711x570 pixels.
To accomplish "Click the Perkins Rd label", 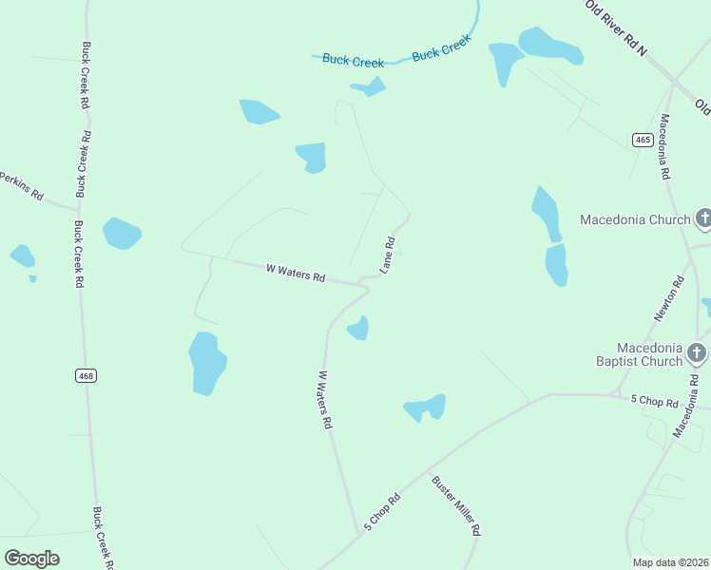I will click(21, 186).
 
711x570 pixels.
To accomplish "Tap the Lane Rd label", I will click(388, 256).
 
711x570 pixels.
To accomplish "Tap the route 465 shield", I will click(643, 140).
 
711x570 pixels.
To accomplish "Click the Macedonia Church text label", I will click(635, 220).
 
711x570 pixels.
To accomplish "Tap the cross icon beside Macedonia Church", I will click(703, 219).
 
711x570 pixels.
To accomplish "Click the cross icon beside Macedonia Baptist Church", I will click(697, 354).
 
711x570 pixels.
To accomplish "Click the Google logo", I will click(31, 558).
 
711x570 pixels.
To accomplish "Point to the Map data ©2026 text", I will click(670, 561).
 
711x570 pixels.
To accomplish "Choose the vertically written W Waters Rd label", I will click(324, 399).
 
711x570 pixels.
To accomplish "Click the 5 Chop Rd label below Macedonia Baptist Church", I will click(654, 402).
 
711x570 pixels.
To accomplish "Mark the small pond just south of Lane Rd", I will click(358, 329).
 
